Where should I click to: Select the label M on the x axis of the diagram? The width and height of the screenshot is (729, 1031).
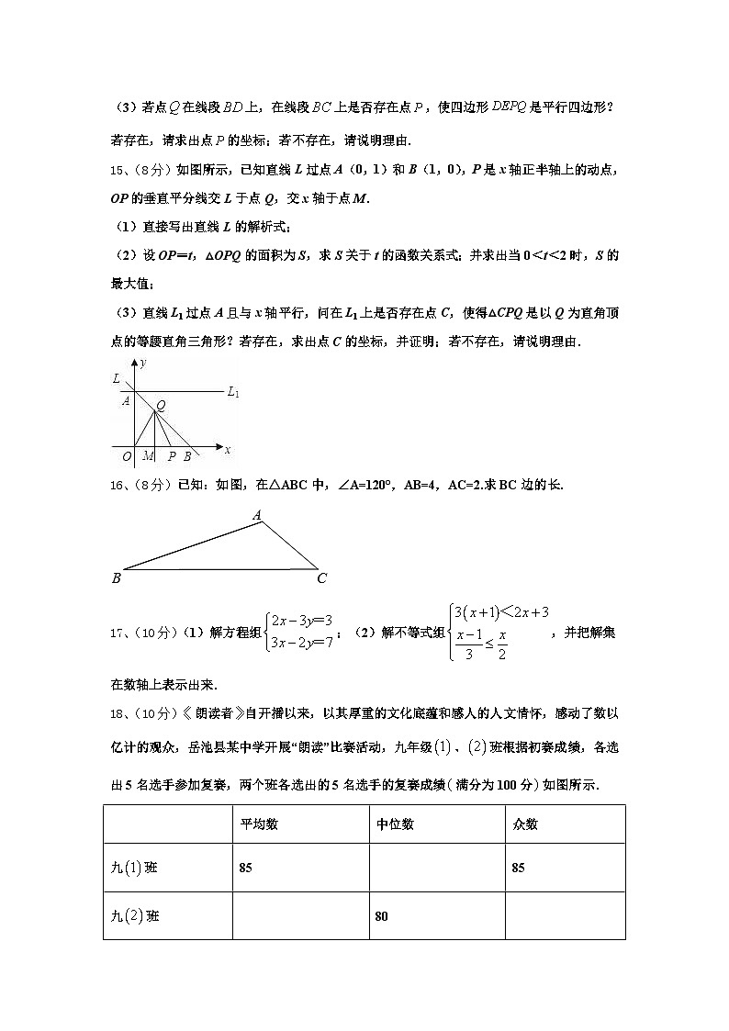(149, 455)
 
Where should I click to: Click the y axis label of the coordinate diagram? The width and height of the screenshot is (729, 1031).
(143, 364)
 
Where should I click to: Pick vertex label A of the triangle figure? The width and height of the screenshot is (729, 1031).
(259, 517)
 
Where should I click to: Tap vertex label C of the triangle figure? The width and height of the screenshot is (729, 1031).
(322, 578)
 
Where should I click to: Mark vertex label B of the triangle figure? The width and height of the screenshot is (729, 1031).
(117, 578)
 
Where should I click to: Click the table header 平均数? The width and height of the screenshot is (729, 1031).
(259, 824)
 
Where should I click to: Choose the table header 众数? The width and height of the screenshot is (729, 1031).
(525, 824)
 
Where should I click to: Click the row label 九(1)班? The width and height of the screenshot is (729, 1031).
(134, 868)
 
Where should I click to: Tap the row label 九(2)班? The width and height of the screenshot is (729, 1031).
(134, 915)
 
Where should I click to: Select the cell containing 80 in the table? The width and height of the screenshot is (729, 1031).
(382, 915)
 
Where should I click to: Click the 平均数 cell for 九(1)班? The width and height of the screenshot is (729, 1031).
(246, 868)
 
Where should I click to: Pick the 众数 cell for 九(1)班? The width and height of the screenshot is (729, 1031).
(519, 868)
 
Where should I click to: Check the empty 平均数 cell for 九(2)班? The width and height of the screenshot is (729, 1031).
(299, 915)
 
